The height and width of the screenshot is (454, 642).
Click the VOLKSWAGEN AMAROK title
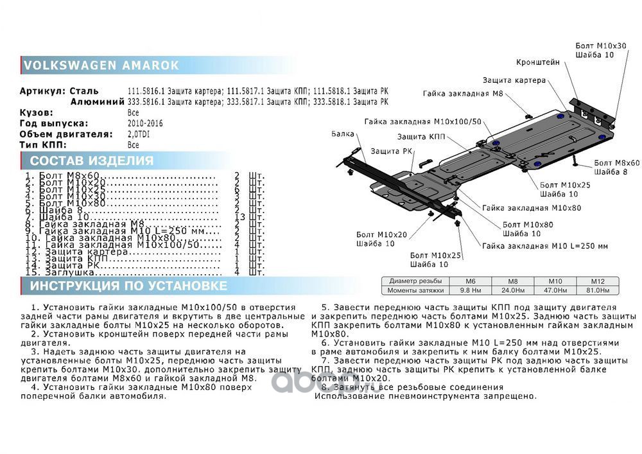pyautogui.click(x=101, y=65)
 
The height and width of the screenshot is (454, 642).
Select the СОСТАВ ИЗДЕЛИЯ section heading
pyautogui.click(x=92, y=161)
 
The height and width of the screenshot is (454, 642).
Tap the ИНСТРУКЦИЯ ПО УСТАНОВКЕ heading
pyautogui.click(x=128, y=286)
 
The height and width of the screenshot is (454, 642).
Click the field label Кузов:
pyautogui.click(x=36, y=112)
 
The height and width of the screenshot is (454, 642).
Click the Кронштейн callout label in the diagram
pyautogui.click(x=538, y=62)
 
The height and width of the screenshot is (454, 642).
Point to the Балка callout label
pyautogui.click(x=343, y=134)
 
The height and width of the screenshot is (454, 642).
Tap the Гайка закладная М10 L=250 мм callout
pyautogui.click(x=545, y=246)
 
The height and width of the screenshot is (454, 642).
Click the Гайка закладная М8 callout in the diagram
pyautogui.click(x=462, y=94)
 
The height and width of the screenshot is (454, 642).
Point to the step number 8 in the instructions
pyautogui.click(x=324, y=387)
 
